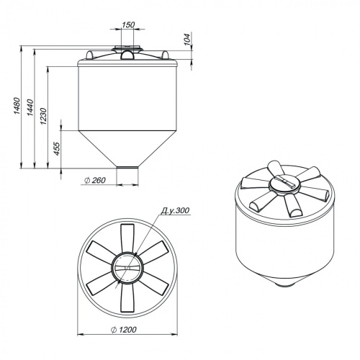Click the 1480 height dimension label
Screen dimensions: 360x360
pyautogui.click(x=17, y=106)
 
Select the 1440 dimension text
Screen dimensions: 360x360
pyautogui.click(x=30, y=107)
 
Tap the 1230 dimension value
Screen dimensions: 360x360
pyautogui.click(x=43, y=116)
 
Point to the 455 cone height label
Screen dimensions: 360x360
pyautogui.click(x=57, y=149)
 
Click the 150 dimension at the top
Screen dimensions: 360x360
pyautogui.click(x=128, y=24)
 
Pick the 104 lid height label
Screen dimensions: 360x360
pyautogui.click(x=187, y=39)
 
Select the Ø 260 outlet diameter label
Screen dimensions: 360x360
pyautogui.click(x=95, y=180)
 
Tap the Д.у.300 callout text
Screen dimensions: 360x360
pyautogui.click(x=175, y=210)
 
